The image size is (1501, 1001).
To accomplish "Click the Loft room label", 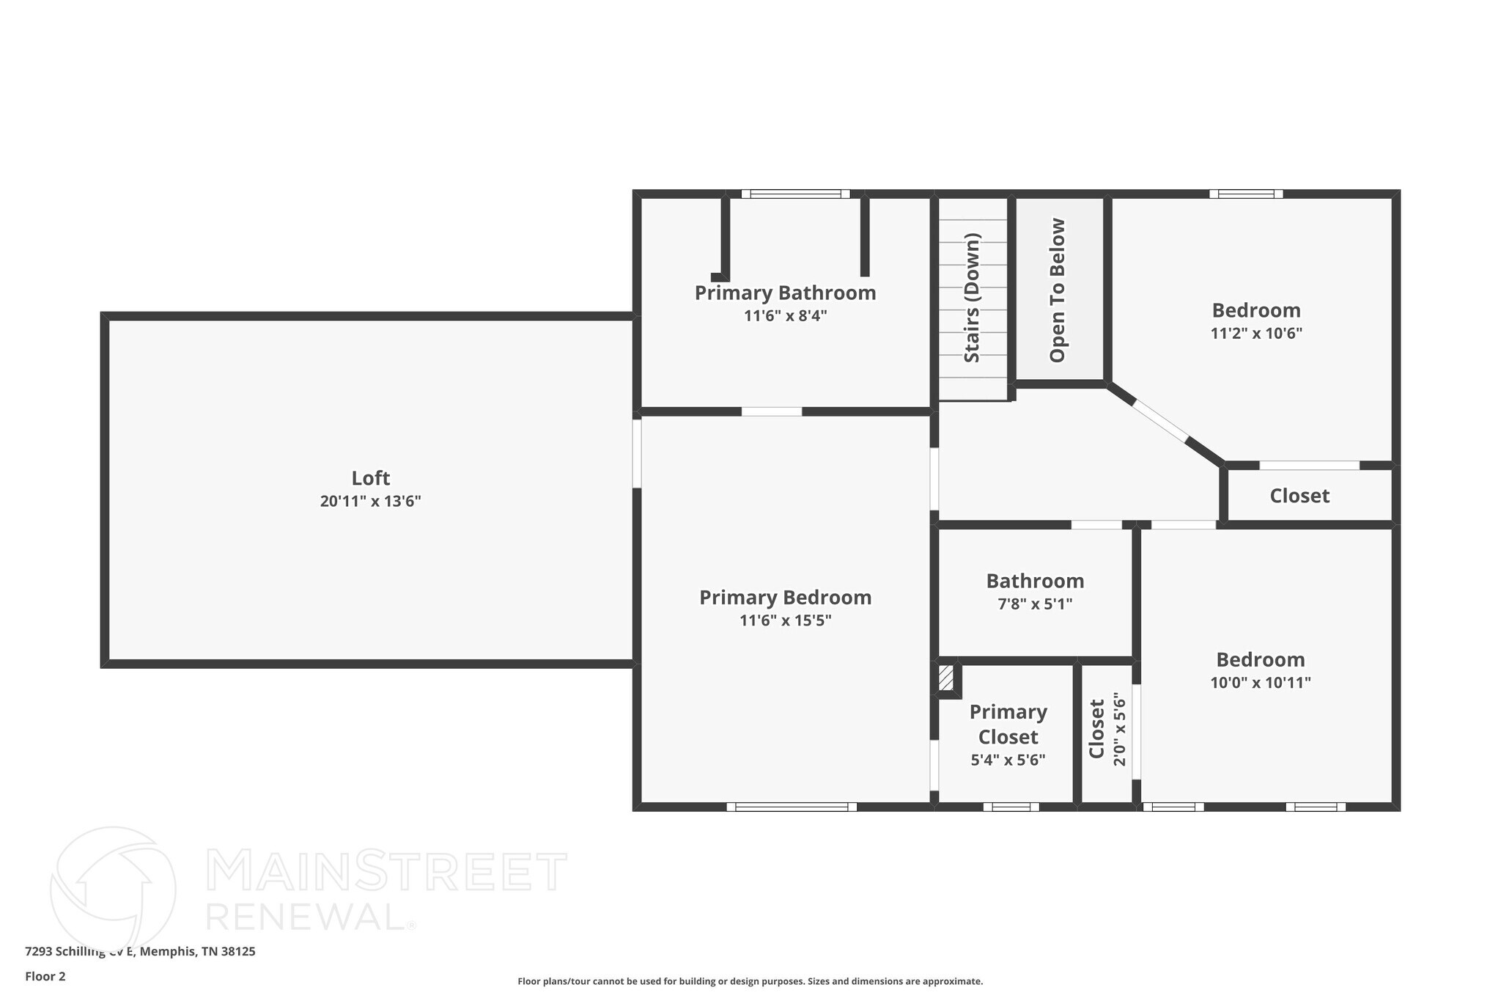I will pos(370,478).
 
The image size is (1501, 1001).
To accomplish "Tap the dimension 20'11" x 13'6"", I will pos(370,502).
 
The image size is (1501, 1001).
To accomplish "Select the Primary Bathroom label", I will pos(785,293).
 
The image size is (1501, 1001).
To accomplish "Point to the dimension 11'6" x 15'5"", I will pos(785,621).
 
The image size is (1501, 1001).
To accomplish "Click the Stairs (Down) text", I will pos(972,298).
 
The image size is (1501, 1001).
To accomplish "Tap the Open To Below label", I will pos(1058,290).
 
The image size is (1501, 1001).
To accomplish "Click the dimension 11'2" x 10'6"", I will pos(1255,334).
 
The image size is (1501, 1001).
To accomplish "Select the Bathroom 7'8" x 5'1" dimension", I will pos(1035,604).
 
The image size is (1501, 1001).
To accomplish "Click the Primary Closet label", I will pos(1008,725).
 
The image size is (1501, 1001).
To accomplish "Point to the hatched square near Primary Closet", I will pos(946,678).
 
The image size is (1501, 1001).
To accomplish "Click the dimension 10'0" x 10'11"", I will pos(1260,683).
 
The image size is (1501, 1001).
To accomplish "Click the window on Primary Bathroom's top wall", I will pos(795,194).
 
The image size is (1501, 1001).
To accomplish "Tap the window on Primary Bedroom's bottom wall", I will pos(792,807).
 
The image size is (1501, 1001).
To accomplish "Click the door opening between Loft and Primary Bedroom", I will pos(637,453).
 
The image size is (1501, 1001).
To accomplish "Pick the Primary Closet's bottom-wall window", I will pos(1011,807).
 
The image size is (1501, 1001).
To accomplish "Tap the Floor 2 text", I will pos(45,977).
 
